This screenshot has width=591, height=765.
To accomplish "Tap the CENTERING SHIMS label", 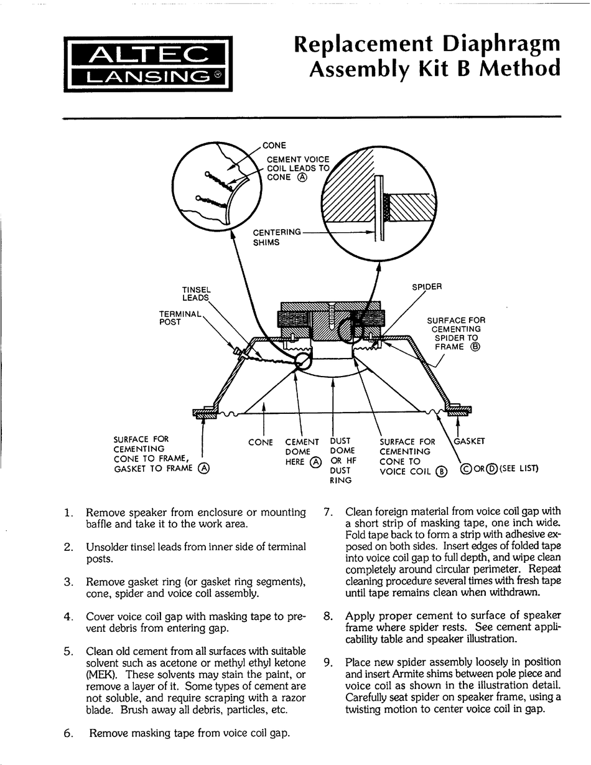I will [x=276, y=237].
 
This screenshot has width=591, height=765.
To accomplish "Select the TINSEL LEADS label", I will [x=196, y=294].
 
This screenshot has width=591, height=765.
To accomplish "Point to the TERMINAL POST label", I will [x=180, y=318].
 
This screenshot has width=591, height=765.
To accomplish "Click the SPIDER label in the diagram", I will [x=427, y=288].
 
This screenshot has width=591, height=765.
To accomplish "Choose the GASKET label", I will [x=469, y=441].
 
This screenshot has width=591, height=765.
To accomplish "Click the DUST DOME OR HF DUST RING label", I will [x=343, y=461].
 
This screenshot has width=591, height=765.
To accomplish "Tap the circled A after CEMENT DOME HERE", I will [x=316, y=462].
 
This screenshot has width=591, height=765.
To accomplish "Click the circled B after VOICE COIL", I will [x=442, y=471].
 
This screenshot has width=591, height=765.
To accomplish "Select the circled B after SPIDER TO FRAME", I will [x=476, y=347].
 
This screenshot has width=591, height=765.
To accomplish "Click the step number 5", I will [x=68, y=652].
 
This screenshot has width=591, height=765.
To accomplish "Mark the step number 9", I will [x=328, y=662].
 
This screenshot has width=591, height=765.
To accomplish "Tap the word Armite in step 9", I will [x=411, y=673].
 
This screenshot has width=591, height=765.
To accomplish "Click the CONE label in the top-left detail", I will [x=274, y=146].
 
